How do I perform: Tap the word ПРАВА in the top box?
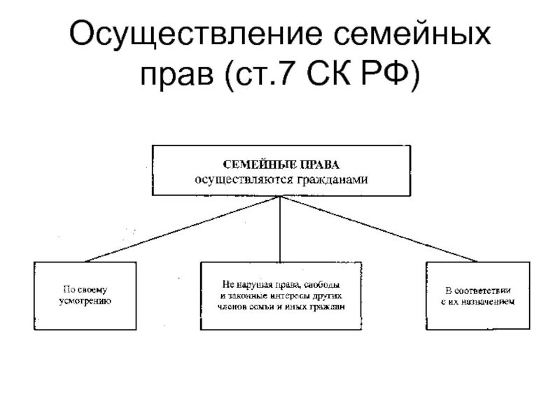(317, 164)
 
